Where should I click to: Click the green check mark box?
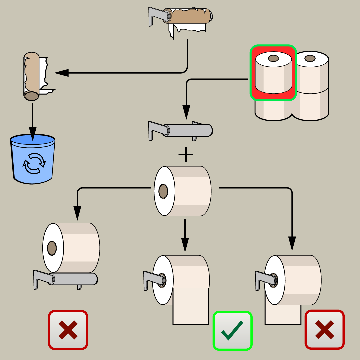pyautogui.click(x=232, y=330)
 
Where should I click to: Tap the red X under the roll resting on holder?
pyautogui.click(x=68, y=330)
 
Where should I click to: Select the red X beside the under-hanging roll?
pyautogui.click(x=325, y=330)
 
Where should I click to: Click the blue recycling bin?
pyautogui.click(x=33, y=159)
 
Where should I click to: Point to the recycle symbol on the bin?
pyautogui.click(x=33, y=163)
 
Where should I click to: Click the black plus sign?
pyautogui.click(x=186, y=155)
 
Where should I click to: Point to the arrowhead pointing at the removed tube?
pyautogui.click(x=61, y=73)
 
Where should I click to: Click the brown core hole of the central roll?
pyautogui.click(x=163, y=191)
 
